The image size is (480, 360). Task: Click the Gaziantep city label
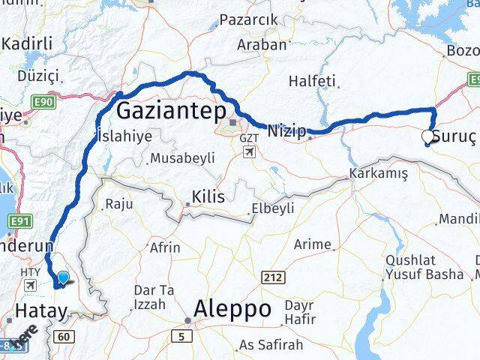172,112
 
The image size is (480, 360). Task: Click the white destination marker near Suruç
427,136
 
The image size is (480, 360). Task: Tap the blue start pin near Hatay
63,279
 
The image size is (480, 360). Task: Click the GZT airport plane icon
248,152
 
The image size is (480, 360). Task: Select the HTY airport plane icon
31,286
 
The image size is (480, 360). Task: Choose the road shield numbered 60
64,337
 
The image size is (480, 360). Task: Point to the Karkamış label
378,173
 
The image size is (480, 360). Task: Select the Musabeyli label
182,158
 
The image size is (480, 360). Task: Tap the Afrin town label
165,247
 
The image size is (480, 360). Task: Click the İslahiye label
124,136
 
